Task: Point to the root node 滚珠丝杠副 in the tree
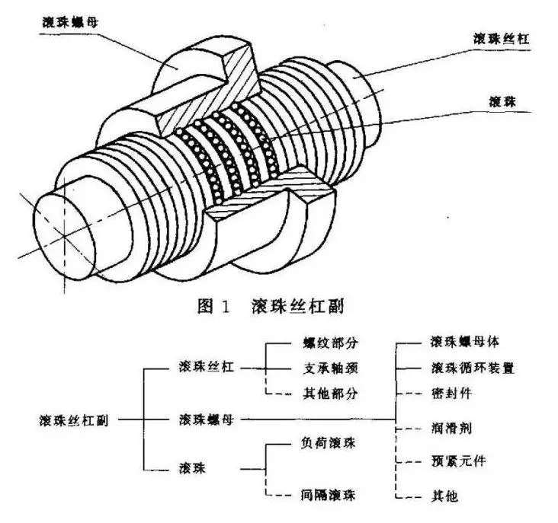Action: click(73, 419)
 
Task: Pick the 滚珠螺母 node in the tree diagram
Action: click(205, 419)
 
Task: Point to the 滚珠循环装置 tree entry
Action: click(472, 368)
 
